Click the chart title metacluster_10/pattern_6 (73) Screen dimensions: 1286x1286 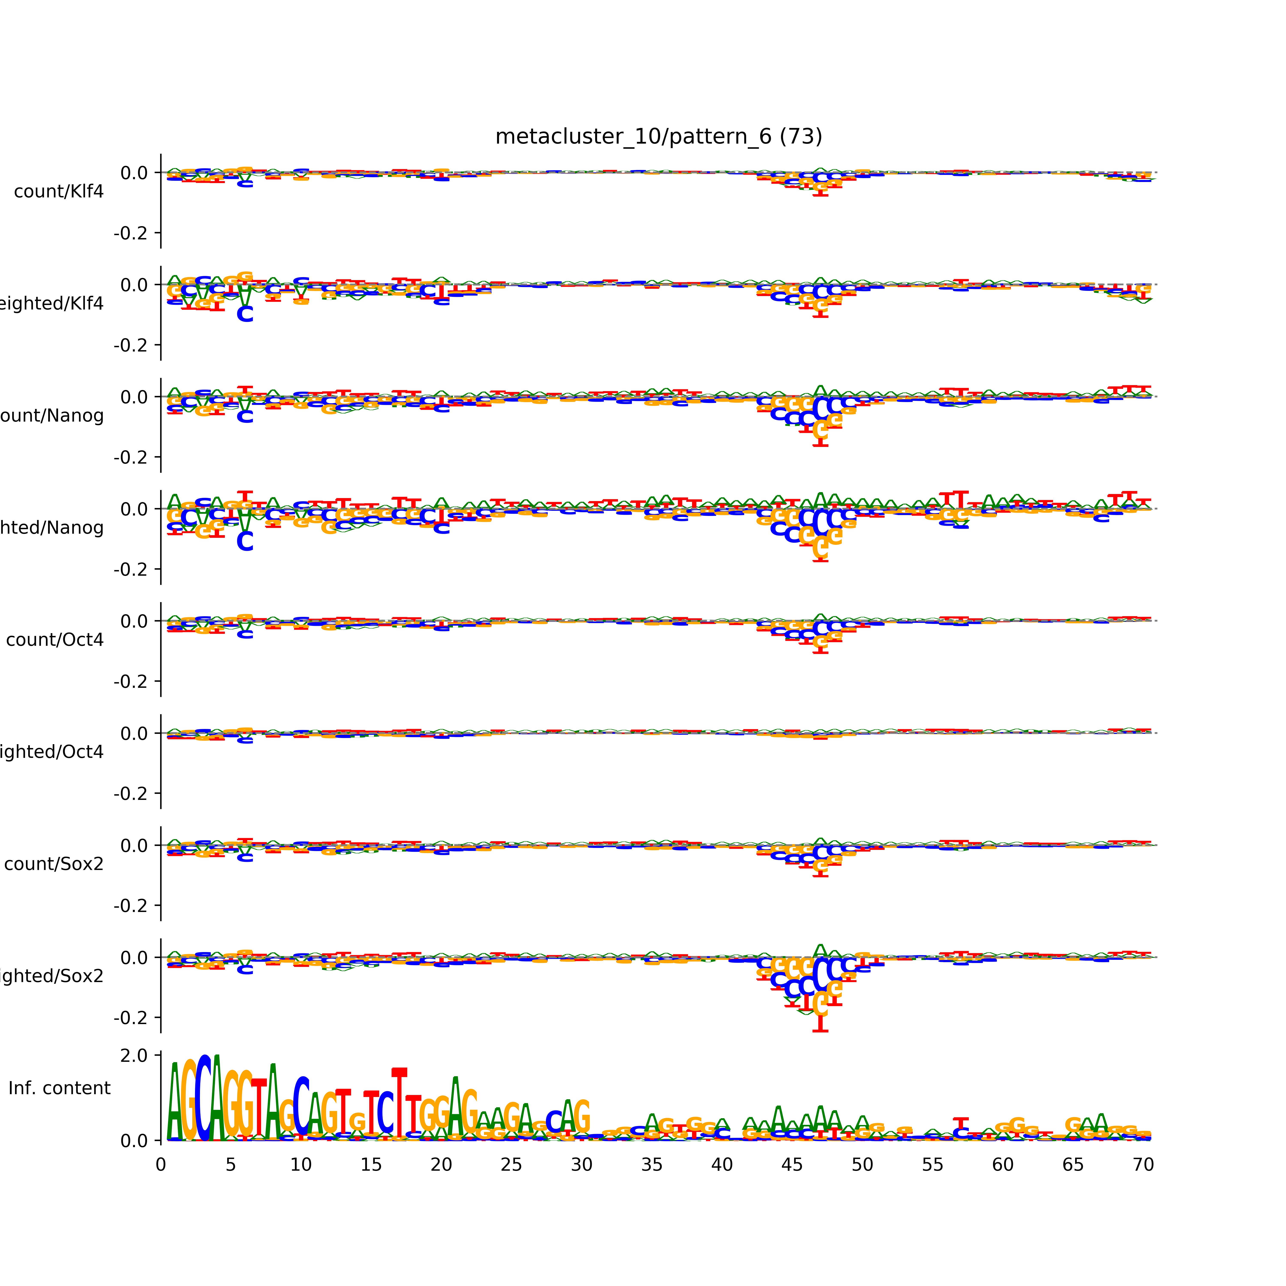658,137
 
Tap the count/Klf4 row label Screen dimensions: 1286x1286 59,192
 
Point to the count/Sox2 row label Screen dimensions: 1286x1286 54,864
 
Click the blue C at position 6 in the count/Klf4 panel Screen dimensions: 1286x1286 245,183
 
